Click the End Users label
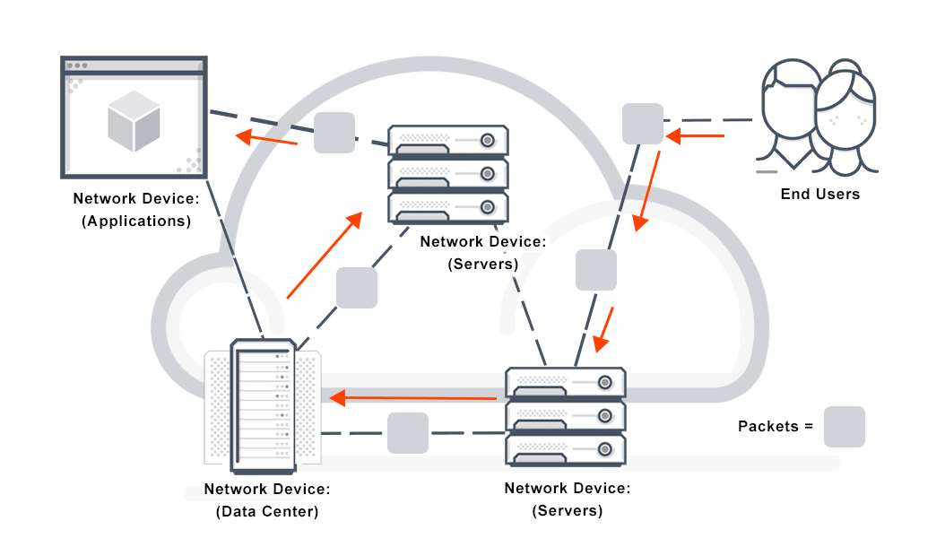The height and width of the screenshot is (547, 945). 819,194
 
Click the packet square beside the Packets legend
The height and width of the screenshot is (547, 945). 844,427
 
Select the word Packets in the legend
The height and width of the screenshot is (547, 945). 767,427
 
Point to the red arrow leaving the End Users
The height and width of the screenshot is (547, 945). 695,136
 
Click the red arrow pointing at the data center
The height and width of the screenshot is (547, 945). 413,396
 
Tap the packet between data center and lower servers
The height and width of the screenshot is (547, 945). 408,432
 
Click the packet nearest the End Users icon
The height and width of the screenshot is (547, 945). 643,123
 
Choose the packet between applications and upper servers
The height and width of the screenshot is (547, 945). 334,133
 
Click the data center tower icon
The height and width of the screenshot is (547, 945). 264,405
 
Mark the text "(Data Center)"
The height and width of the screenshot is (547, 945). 267,512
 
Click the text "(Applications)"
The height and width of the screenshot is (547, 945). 136,221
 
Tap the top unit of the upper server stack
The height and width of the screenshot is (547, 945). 448,141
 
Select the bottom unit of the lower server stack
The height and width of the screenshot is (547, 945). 565,447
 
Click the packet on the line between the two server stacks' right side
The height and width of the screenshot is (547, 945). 596,270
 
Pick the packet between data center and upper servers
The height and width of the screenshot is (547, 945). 356,288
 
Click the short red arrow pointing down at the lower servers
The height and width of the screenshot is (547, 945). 605,330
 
